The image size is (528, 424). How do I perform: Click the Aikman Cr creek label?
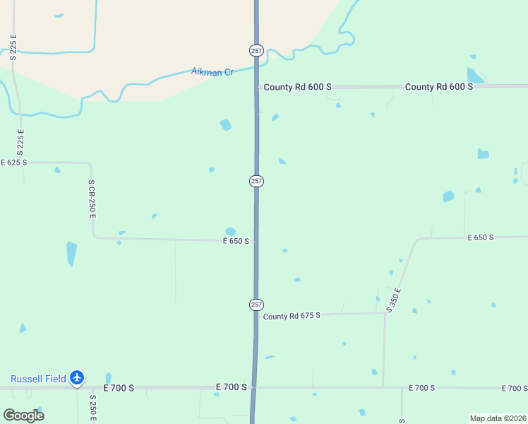[x=212, y=72]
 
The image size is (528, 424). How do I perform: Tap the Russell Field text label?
[x=37, y=379]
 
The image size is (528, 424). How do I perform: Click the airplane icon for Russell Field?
[x=78, y=379]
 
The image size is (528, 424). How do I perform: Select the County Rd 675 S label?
[x=292, y=316]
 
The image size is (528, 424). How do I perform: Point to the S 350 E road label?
[x=394, y=300]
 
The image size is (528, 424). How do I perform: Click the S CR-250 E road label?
[x=92, y=199]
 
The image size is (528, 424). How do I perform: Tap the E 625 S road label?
[x=13, y=163]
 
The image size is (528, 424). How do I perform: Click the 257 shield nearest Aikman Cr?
[x=256, y=50]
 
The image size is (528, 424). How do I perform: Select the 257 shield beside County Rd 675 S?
[x=256, y=304]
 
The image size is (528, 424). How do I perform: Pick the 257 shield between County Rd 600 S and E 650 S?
[x=256, y=181]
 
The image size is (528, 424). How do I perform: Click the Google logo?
[x=23, y=415]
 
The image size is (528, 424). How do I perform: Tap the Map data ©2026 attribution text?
[x=498, y=418]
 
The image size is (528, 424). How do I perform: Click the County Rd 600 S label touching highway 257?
[x=297, y=87]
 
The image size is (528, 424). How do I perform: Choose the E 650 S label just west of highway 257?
[x=236, y=241]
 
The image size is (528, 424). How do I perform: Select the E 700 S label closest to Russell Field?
[x=119, y=388]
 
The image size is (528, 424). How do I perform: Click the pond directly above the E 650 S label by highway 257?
[x=230, y=231]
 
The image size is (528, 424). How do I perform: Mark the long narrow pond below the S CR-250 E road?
[x=71, y=253]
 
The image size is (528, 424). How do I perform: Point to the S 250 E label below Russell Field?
[x=92, y=408]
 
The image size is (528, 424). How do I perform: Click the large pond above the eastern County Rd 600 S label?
[x=474, y=75]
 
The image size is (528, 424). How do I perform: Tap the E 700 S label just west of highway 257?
[x=232, y=387]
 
